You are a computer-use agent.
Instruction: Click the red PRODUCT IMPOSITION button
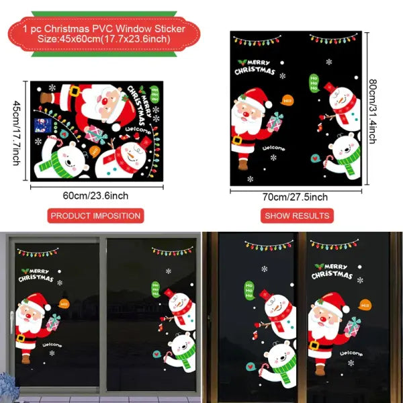pyautogui.click(x=95, y=216)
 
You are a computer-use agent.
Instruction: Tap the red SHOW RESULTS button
pyautogui.click(x=297, y=216)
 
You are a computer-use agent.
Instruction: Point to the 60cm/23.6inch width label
pyautogui.click(x=95, y=195)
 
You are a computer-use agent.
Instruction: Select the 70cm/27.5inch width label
pyautogui.click(x=296, y=197)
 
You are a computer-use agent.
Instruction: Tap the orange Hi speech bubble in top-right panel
pyautogui.click(x=289, y=100)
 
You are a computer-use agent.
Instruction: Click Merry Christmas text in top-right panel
pyautogui.click(x=256, y=67)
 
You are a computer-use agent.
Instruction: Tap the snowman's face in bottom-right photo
pyautogui.click(x=278, y=311)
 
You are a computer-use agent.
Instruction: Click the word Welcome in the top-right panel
pyautogui.click(x=274, y=148)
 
